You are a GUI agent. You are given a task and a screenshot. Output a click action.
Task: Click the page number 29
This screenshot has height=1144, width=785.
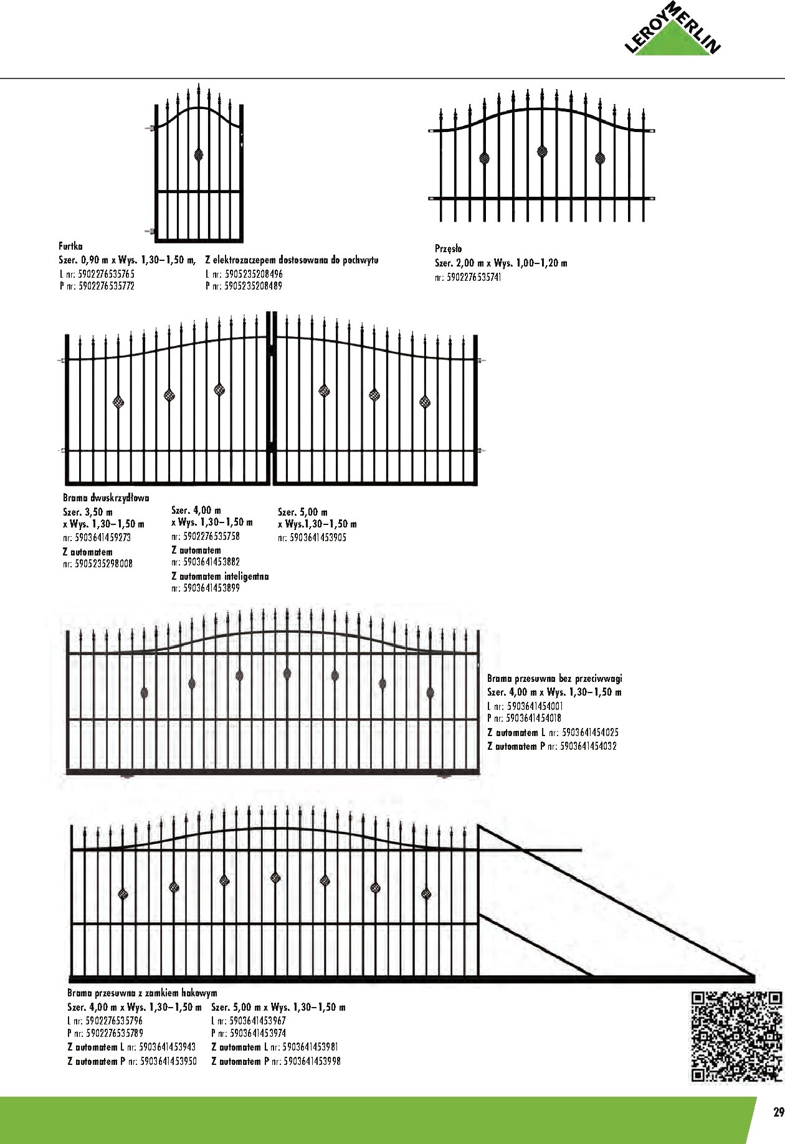pyautogui.click(x=778, y=1112)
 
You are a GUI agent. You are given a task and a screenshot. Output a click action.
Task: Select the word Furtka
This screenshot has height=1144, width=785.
pyautogui.click(x=70, y=247)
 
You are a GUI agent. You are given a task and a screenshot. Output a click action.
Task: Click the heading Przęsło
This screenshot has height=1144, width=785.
pyautogui.click(x=448, y=249)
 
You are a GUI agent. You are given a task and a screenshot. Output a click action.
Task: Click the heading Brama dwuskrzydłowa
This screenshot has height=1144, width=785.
pyautogui.click(x=106, y=498)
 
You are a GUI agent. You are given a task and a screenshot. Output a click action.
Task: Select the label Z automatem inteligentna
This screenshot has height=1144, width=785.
pyautogui.click(x=220, y=577)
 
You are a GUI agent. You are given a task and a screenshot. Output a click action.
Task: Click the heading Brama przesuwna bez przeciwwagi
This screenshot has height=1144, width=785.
pyautogui.click(x=554, y=678)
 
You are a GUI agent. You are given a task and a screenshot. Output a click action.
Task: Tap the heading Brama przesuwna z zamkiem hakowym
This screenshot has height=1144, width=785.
pyautogui.click(x=142, y=993)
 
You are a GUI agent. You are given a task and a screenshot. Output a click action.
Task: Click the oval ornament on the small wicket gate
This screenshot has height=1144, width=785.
pyautogui.click(x=199, y=154)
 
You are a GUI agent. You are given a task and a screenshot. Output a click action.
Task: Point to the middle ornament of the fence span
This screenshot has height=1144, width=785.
pyautogui.click(x=542, y=151)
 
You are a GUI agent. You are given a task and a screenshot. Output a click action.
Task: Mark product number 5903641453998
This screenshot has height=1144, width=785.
pyautogui.click(x=312, y=1061)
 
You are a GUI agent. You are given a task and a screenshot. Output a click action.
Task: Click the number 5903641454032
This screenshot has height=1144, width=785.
pyautogui.click(x=588, y=746)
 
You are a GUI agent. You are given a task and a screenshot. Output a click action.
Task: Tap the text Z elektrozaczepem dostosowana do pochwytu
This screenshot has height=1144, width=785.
pyautogui.click(x=292, y=260)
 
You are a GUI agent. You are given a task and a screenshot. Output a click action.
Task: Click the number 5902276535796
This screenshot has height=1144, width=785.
pyautogui.click(x=113, y=1021)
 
